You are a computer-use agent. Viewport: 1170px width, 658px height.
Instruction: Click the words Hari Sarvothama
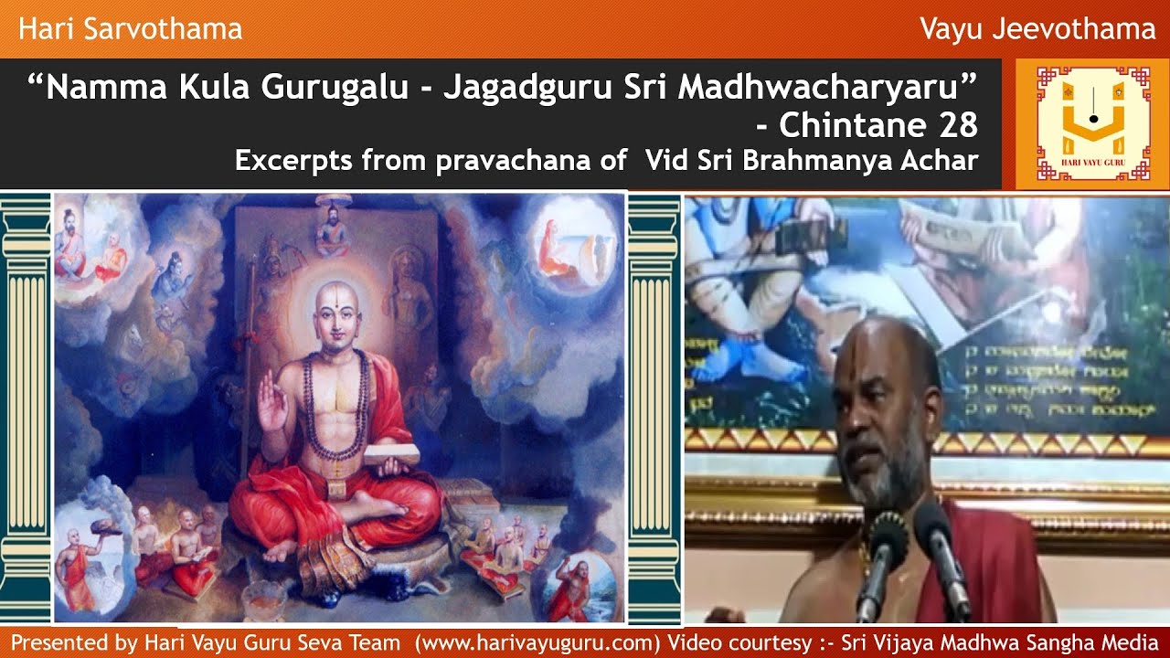(x=130, y=29)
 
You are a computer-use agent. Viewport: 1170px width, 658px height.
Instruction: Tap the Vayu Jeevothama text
(x=1037, y=29)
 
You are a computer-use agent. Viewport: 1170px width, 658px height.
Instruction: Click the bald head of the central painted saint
(x=339, y=306)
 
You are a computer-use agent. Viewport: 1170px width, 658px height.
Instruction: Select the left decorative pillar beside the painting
(x=26, y=407)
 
